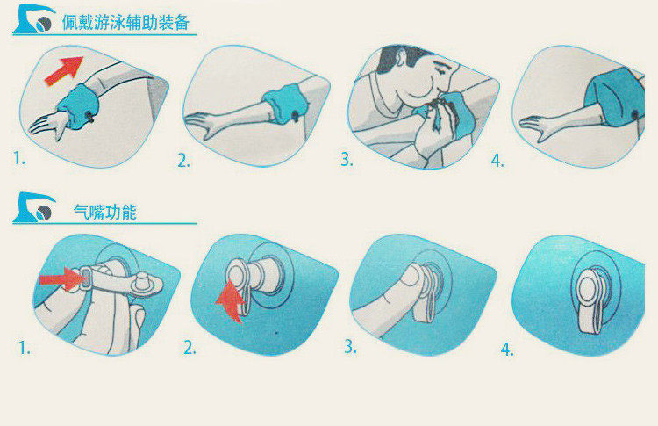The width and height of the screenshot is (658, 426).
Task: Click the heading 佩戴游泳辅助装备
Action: click(x=125, y=23)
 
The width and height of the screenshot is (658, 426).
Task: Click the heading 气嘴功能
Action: click(x=105, y=213)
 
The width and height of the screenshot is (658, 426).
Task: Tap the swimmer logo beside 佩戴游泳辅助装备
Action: click(x=34, y=19)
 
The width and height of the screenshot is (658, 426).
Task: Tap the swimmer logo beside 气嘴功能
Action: click(x=34, y=207)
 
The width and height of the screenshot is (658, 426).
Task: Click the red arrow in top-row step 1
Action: click(x=64, y=70)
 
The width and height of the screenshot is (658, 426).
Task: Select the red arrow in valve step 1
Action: click(x=61, y=279)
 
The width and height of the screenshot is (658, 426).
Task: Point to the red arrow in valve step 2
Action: click(x=231, y=301)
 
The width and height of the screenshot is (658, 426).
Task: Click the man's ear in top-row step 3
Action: click(x=400, y=58)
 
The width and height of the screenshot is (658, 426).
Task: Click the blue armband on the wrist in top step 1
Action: click(x=77, y=106)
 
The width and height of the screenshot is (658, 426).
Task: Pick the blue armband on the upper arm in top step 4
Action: click(x=614, y=99)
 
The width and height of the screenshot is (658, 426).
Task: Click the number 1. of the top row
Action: click(x=19, y=158)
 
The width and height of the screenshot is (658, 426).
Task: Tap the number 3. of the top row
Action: click(x=347, y=159)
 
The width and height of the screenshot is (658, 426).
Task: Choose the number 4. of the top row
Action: click(x=497, y=161)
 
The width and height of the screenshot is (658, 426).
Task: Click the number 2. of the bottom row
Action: click(x=190, y=348)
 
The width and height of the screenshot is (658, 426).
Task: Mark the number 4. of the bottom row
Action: click(x=507, y=349)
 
